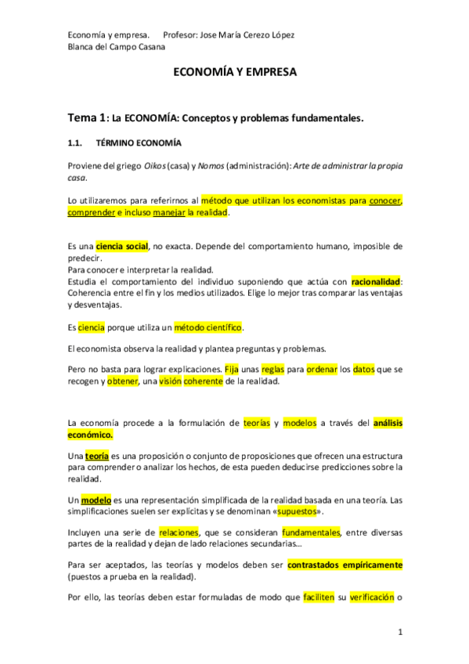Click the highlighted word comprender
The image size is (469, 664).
click(x=92, y=212)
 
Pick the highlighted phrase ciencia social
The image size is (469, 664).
click(x=121, y=246)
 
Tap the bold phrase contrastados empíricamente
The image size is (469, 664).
click(x=345, y=565)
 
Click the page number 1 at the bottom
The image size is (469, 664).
click(x=399, y=632)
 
